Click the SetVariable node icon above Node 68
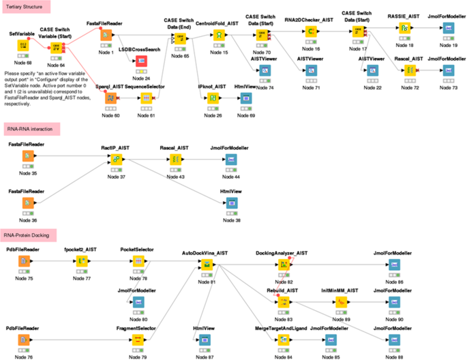(x=23, y=46)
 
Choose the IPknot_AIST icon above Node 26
(x=212, y=99)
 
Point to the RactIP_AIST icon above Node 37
(x=117, y=160)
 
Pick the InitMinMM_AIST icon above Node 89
(x=342, y=302)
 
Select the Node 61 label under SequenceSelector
(x=144, y=115)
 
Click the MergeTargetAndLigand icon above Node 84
(x=282, y=340)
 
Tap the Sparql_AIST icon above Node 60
(x=109, y=99)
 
